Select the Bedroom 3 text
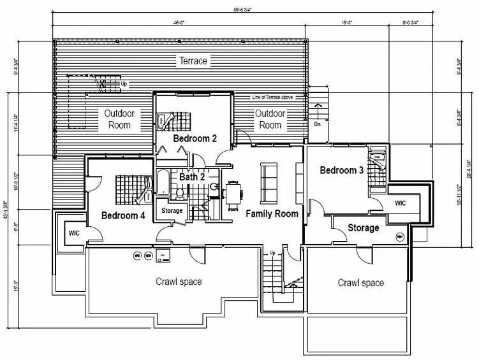(341, 170)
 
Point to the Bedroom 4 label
(123, 215)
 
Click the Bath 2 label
(191, 176)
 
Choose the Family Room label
(272, 213)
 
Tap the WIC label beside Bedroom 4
(73, 233)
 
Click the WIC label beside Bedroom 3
(400, 203)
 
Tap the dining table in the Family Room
(233, 191)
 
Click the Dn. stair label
(318, 124)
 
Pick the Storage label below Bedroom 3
(363, 228)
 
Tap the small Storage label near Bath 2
(172, 211)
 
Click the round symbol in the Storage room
(401, 237)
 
